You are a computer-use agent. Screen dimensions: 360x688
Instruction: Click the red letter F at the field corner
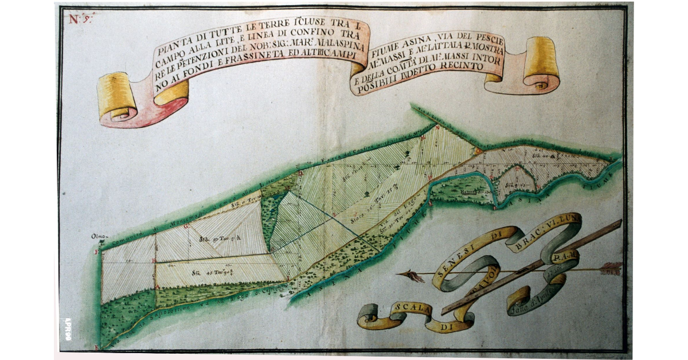pos(97,251)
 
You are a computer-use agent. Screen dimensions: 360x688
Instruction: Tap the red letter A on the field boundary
pos(157,285)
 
